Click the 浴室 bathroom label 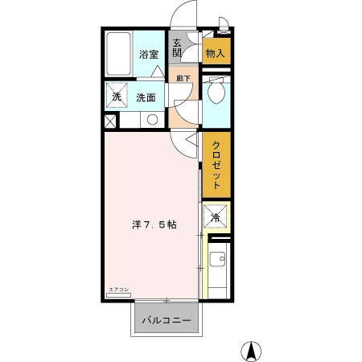(149, 55)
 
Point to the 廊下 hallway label (183, 79)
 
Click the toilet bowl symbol (215, 94)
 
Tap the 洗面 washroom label (146, 98)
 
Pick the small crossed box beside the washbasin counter (110, 121)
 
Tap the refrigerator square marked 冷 (215, 217)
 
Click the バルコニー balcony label (167, 321)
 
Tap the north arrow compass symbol (252, 352)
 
